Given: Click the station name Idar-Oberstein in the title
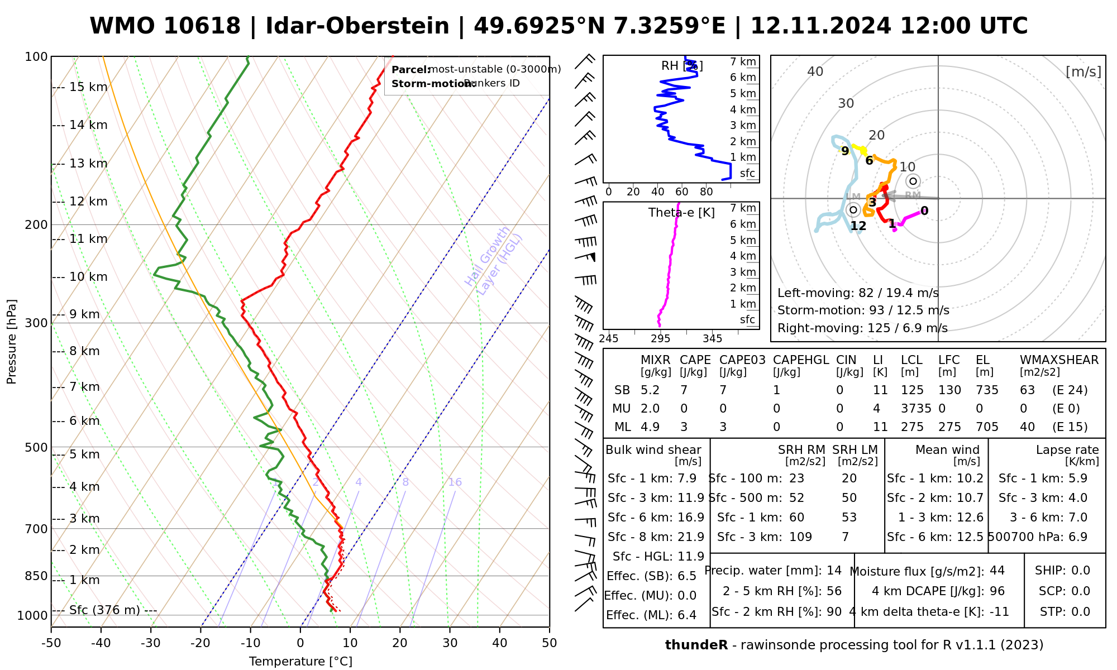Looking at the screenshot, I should (x=357, y=26).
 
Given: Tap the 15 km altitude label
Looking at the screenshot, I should (x=88, y=87).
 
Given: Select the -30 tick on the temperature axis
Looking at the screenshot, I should (x=151, y=643).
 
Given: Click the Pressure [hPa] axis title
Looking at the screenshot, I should (x=12, y=342).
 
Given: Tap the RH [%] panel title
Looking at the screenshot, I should (x=681, y=66).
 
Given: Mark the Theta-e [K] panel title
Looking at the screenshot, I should (x=681, y=213).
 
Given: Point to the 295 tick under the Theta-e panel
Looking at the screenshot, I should (x=661, y=339).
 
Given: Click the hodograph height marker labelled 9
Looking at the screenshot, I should (x=845, y=151).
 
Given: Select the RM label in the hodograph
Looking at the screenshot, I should (x=913, y=195).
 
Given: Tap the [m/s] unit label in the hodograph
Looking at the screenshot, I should (x=1083, y=72).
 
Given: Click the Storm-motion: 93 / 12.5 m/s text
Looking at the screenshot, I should (x=863, y=310).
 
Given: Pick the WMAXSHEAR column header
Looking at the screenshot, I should (x=1059, y=360).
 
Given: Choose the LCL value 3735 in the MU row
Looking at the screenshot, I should (x=916, y=409).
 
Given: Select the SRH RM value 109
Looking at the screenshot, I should (x=800, y=537).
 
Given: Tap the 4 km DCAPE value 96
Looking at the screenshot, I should (x=997, y=591).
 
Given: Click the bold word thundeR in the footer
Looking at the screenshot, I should (x=696, y=645).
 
